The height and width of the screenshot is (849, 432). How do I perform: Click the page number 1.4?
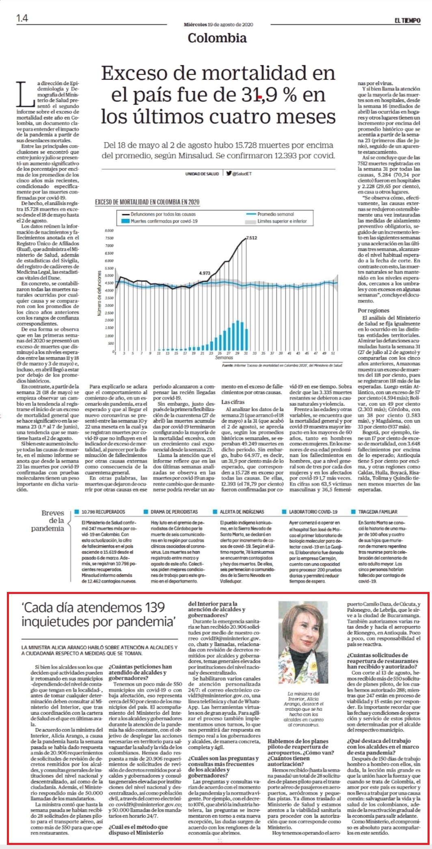click(x=22, y=18)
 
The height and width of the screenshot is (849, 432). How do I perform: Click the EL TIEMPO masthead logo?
click(x=407, y=21)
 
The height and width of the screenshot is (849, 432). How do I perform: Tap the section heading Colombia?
click(x=217, y=38)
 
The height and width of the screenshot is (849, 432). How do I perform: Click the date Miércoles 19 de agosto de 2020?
click(x=218, y=24)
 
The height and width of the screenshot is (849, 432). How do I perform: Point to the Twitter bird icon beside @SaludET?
click(x=229, y=174)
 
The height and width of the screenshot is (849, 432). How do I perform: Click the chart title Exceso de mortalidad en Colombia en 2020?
click(x=147, y=202)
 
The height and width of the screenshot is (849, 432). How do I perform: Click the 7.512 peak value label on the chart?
click(x=251, y=238)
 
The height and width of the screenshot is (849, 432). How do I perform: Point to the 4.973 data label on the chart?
click(x=205, y=273)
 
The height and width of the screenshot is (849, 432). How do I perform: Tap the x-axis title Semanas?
click(x=224, y=358)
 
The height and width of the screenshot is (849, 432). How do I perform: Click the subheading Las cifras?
click(x=233, y=402)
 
